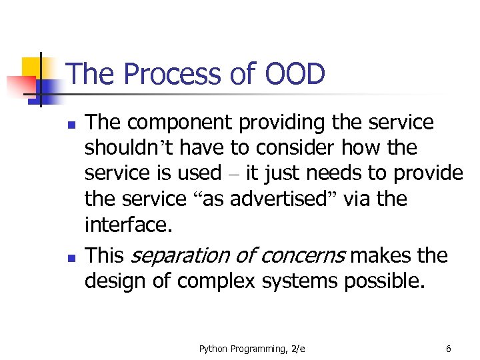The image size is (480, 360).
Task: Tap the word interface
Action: point(127,225)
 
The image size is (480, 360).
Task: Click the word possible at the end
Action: point(384,281)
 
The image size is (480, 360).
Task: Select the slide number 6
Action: point(449,349)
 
